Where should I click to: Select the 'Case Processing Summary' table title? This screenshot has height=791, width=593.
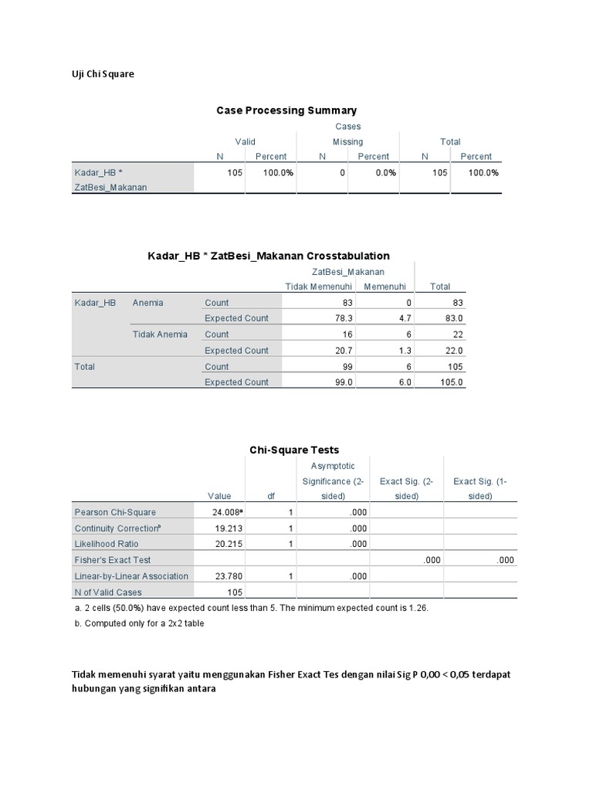point(286,110)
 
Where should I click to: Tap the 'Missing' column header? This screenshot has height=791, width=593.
point(347,141)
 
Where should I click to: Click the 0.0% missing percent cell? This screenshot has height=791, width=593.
point(385,172)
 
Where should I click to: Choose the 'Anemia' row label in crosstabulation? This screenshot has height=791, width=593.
point(148,303)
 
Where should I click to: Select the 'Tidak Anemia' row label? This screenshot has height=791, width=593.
point(160,334)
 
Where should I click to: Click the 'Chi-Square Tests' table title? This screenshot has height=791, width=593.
point(293,450)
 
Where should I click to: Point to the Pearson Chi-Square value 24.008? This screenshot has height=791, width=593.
point(225,512)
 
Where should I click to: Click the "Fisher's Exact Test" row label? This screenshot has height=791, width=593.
point(113,560)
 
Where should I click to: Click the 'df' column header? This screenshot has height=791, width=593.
point(270,496)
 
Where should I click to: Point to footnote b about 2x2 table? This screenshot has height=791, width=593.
point(139,623)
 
